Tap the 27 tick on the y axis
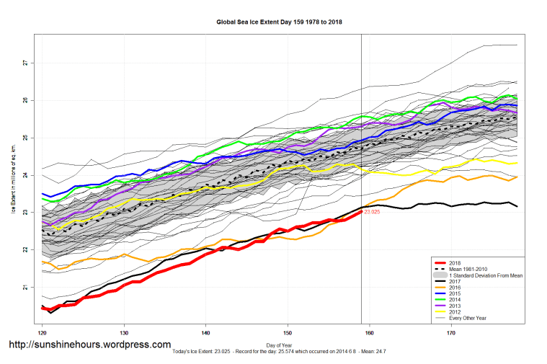pyautogui.click(x=25, y=63)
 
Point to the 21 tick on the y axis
pyautogui.click(x=25, y=288)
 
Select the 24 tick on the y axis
pyautogui.click(x=25, y=175)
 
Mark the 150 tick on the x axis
pyautogui.click(x=288, y=334)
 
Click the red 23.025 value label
pyautogui.click(x=373, y=212)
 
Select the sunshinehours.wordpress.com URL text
pyautogui.click(x=89, y=345)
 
